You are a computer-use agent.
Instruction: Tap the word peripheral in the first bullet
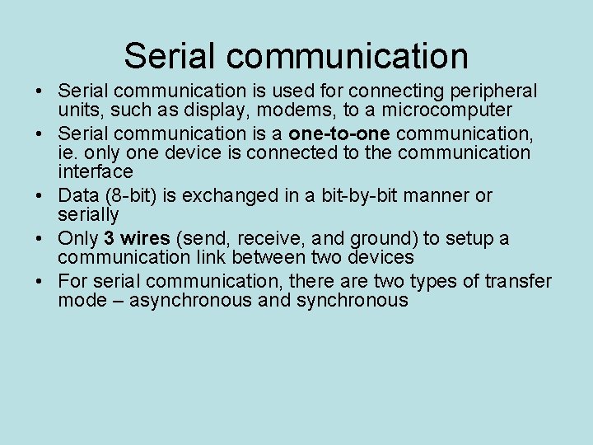pyautogui.click(x=491, y=91)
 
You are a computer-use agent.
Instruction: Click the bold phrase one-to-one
pyautogui.click(x=339, y=133)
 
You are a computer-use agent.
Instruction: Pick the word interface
pyautogui.click(x=95, y=171)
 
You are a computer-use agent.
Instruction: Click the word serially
pyautogui.click(x=88, y=215)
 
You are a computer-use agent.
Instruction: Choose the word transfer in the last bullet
pyautogui.click(x=518, y=282)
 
